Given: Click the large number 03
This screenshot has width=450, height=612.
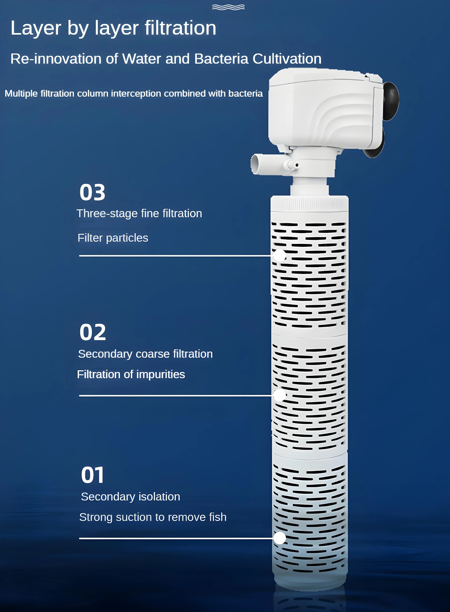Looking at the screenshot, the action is click(92, 192).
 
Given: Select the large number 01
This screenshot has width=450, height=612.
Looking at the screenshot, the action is click(93, 475).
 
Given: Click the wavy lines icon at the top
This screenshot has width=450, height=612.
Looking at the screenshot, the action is click(228, 7).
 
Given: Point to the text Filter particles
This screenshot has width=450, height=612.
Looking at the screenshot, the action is click(113, 238).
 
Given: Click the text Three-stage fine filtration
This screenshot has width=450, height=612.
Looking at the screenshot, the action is click(139, 214).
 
